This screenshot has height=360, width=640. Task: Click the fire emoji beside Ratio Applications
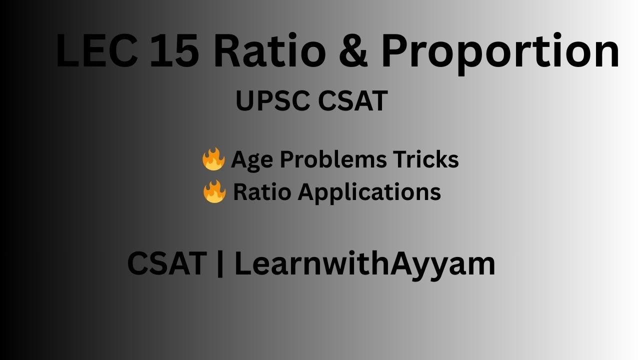(x=214, y=192)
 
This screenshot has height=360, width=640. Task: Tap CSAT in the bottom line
(x=167, y=263)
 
